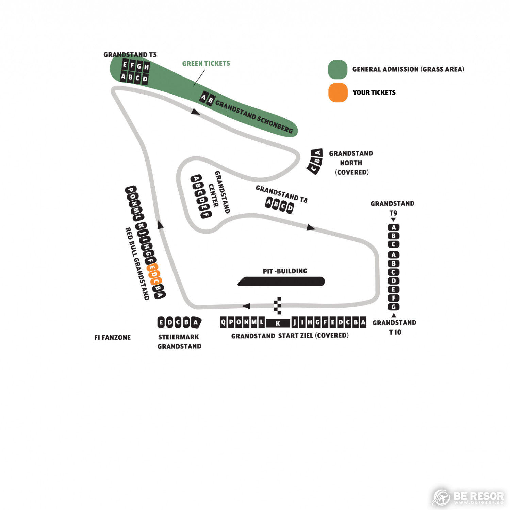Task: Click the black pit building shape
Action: (x=281, y=282)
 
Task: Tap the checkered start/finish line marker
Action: (x=278, y=305)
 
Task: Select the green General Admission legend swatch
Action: (x=338, y=69)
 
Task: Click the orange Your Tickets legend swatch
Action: (x=338, y=92)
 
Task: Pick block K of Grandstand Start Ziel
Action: (x=278, y=323)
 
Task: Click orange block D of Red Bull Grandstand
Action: (x=154, y=274)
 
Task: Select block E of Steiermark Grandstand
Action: (x=161, y=322)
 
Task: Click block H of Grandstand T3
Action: (x=146, y=67)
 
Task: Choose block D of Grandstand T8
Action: (x=290, y=207)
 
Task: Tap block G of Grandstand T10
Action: (x=393, y=307)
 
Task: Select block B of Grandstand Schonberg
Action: (x=210, y=101)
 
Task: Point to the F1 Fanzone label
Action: (x=113, y=338)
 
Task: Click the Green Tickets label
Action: (x=206, y=64)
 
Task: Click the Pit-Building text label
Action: (x=285, y=271)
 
